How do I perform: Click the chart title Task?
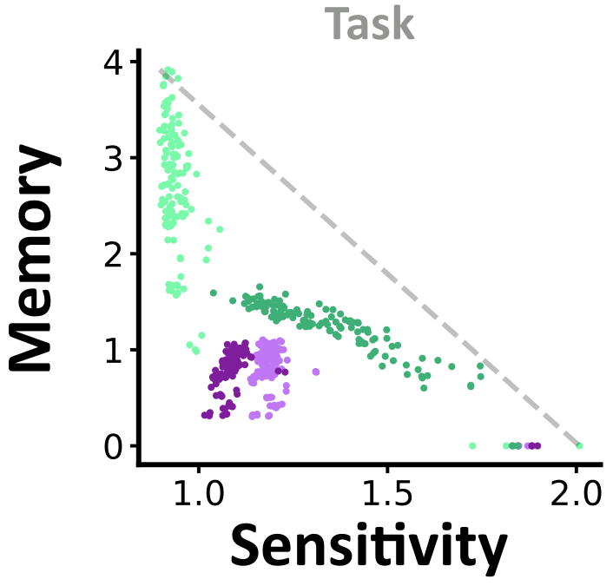(370, 25)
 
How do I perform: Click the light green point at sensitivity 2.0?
(579, 445)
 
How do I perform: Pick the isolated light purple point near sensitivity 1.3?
(316, 372)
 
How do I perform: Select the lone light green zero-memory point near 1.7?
(472, 445)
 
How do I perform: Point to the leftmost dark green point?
(214, 293)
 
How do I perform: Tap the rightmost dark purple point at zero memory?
(538, 445)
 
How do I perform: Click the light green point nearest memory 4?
(168, 70)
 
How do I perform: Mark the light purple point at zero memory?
(528, 445)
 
